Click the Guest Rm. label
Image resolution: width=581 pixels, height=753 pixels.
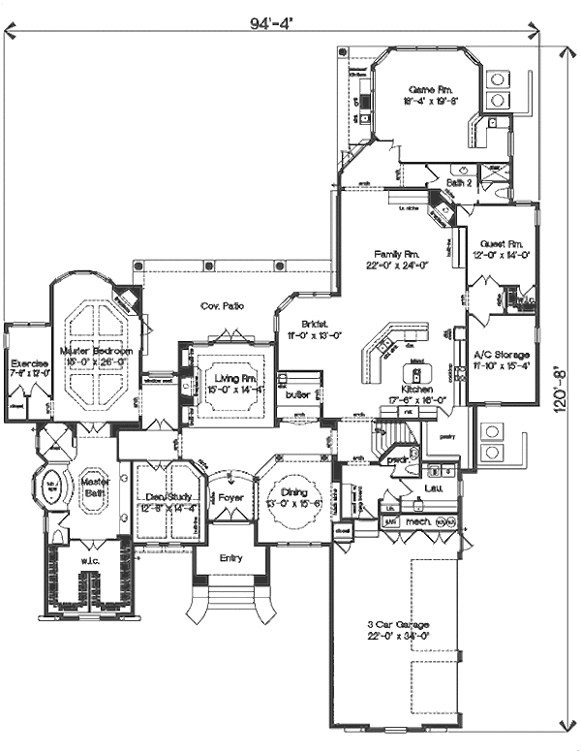tap(502, 243)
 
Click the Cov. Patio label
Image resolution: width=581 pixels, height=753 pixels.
tap(222, 306)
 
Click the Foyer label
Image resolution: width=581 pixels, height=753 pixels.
tap(230, 498)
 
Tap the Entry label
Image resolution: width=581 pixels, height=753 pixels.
tap(230, 558)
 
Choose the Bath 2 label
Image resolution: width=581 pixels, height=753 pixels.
tap(459, 181)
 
